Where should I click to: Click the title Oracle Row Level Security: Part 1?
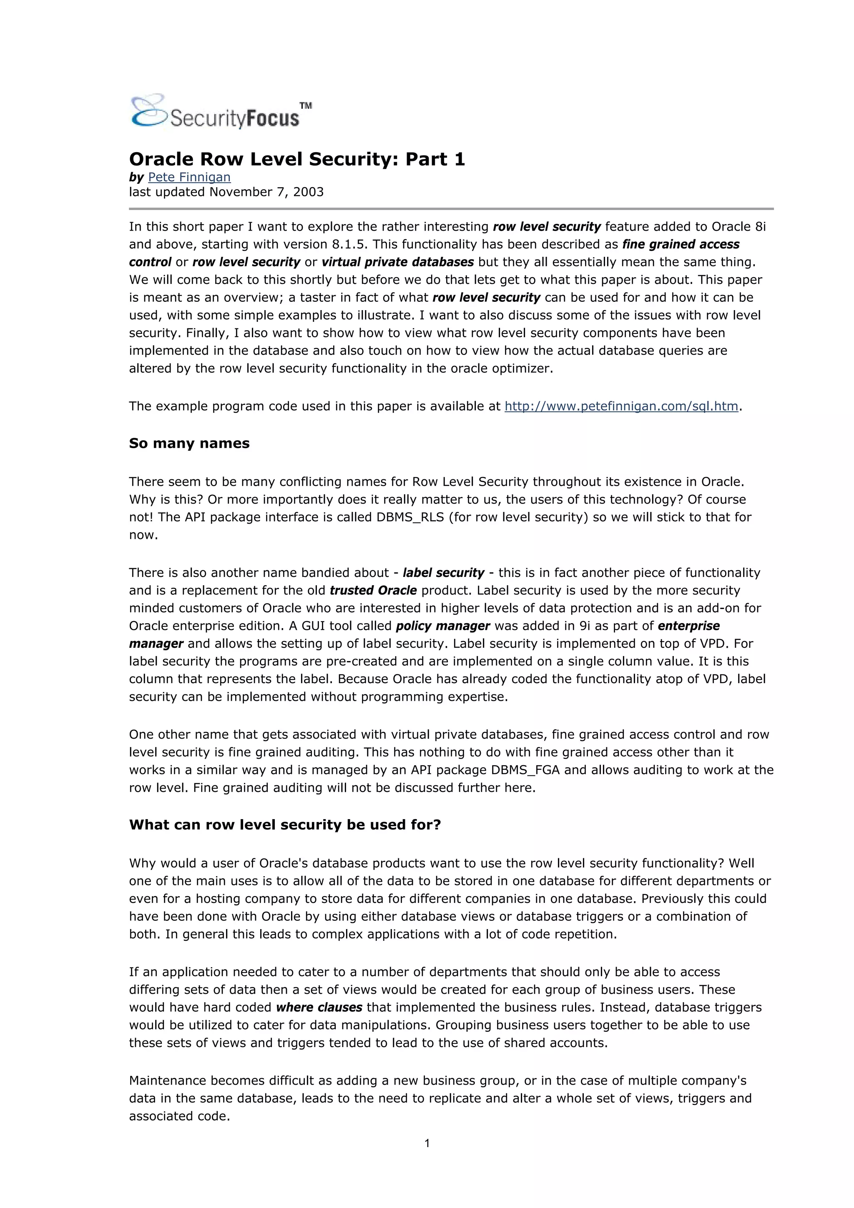click(297, 159)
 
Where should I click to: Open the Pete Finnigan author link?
click(189, 177)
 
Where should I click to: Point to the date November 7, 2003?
click(266, 192)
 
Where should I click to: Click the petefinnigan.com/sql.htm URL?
click(621, 406)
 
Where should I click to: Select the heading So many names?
click(189, 443)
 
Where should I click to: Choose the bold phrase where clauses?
click(319, 1007)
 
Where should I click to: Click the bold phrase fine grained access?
click(681, 244)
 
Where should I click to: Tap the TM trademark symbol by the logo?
click(306, 106)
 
